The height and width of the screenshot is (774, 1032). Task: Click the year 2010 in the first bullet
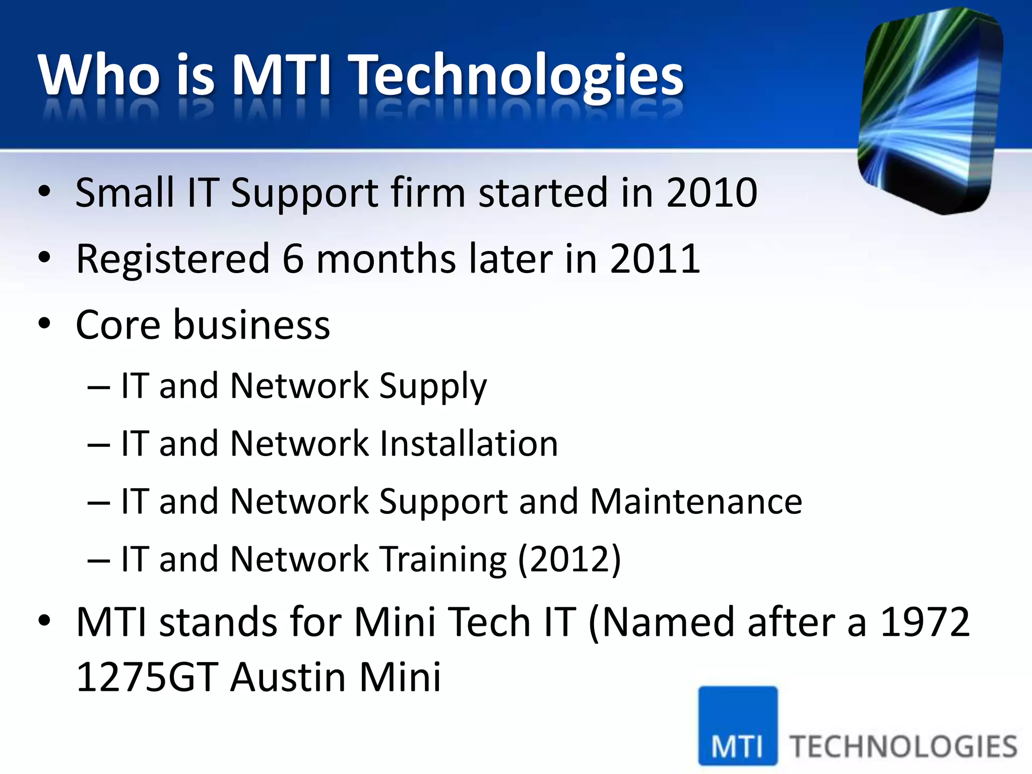pyautogui.click(x=712, y=192)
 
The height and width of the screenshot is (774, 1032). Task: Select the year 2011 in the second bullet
pyautogui.click(x=655, y=259)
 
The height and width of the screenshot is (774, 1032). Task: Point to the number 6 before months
pyautogui.click(x=293, y=259)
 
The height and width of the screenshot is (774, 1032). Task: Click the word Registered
pyautogui.click(x=173, y=260)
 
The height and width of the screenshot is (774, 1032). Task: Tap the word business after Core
pyautogui.click(x=252, y=325)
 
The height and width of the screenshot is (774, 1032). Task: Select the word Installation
pyautogui.click(x=468, y=444)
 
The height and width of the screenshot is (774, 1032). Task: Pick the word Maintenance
pyautogui.click(x=696, y=502)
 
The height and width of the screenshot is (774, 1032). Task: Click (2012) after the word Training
pyautogui.click(x=569, y=560)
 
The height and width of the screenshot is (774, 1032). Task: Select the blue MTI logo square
pyautogui.click(x=738, y=726)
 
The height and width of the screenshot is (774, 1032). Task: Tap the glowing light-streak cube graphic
pyautogui.click(x=930, y=111)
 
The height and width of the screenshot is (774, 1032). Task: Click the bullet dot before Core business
pyautogui.click(x=44, y=324)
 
